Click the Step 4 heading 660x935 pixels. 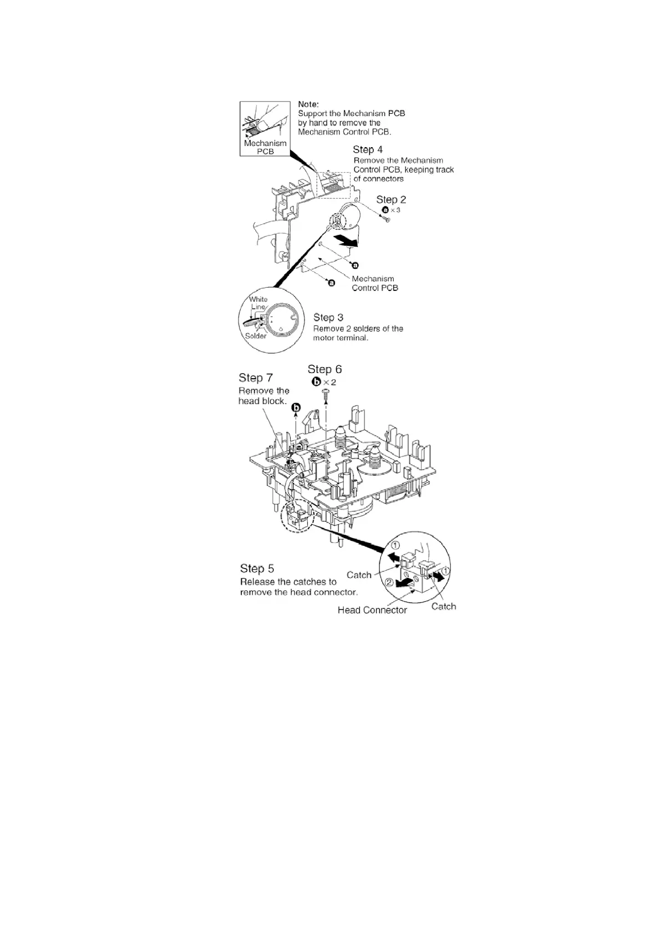(x=368, y=149)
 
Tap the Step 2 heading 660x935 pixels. (x=391, y=199)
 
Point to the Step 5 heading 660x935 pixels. (x=257, y=569)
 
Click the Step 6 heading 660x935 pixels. (x=324, y=369)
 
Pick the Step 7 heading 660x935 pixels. (x=256, y=378)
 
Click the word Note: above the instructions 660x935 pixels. (x=308, y=104)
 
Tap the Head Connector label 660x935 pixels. (x=372, y=610)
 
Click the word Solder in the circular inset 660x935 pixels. (x=256, y=336)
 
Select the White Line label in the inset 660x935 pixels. (x=258, y=303)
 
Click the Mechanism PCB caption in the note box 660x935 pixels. (x=265, y=147)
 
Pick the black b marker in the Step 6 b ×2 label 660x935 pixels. (x=317, y=381)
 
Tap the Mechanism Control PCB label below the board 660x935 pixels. (x=375, y=283)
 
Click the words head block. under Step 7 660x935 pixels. (x=262, y=401)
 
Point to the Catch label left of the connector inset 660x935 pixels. (x=359, y=575)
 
